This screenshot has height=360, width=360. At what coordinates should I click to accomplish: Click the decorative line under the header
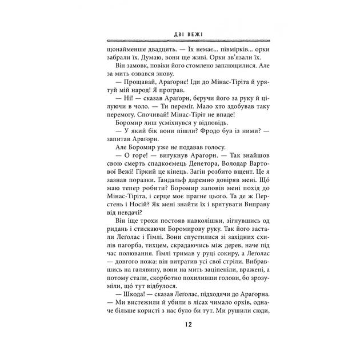[x=179, y=41]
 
